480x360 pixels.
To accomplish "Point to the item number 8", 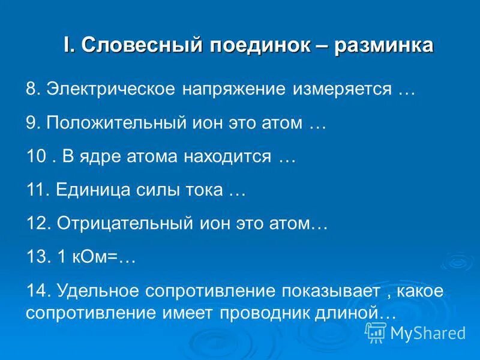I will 32,89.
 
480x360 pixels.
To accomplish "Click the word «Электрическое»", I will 112,89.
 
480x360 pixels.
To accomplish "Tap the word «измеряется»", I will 341,89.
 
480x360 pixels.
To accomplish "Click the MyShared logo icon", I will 376,332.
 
